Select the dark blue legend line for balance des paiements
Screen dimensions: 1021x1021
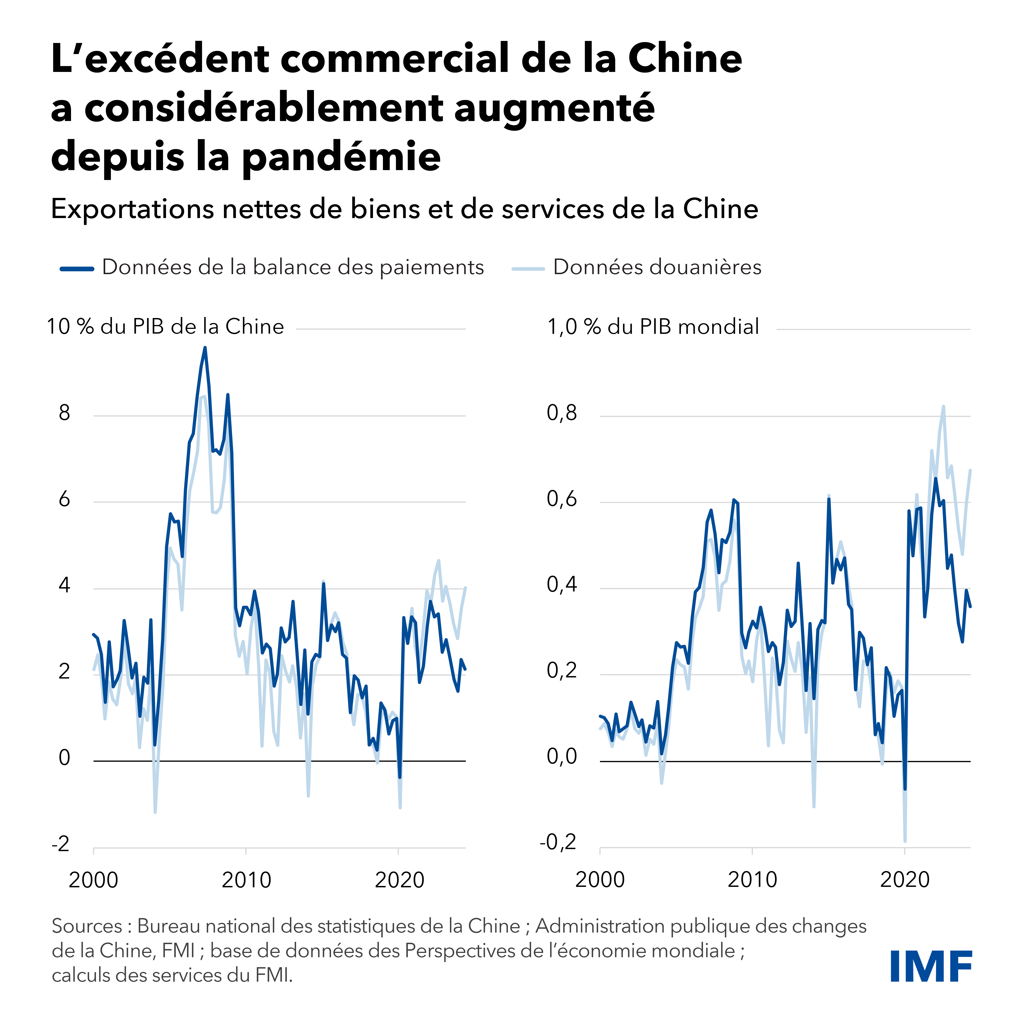(x=77, y=268)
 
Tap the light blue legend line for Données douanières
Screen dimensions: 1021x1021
(x=528, y=268)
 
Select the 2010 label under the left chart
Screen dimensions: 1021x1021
(x=246, y=880)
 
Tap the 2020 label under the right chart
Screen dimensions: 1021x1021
(x=905, y=880)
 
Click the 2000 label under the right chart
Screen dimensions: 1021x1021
(x=600, y=880)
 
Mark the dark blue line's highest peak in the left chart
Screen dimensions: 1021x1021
(x=205, y=348)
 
